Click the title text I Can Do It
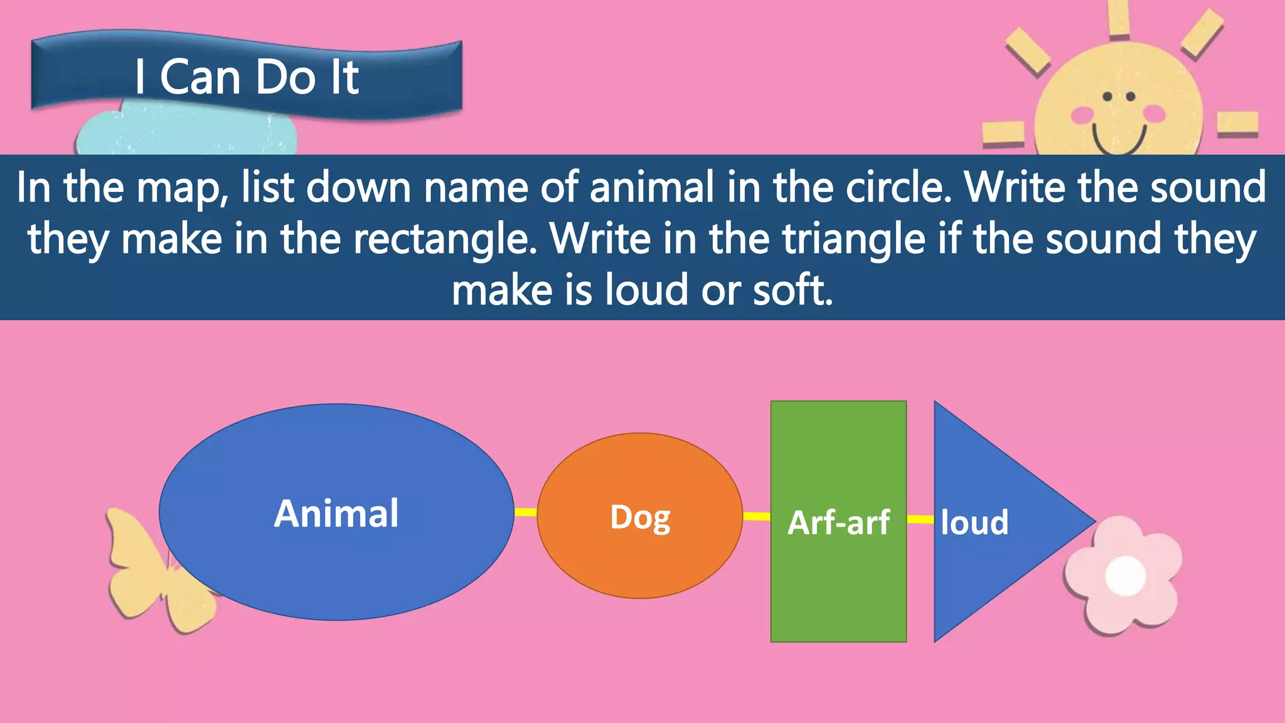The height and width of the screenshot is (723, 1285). [247, 78]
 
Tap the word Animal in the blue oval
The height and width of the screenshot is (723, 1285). [336, 513]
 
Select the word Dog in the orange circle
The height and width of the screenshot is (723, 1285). [640, 518]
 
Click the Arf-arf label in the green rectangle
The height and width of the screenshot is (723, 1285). [838, 522]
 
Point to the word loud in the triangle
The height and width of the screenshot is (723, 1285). [974, 522]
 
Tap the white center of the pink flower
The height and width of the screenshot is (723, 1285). [1125, 576]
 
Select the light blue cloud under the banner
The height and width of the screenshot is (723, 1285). [188, 135]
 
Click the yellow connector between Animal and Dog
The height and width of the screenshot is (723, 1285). [526, 512]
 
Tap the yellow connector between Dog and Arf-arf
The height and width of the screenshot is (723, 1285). [757, 517]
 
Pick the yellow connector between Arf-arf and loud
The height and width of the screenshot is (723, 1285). [920, 519]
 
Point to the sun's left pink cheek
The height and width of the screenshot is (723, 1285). [1082, 114]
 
